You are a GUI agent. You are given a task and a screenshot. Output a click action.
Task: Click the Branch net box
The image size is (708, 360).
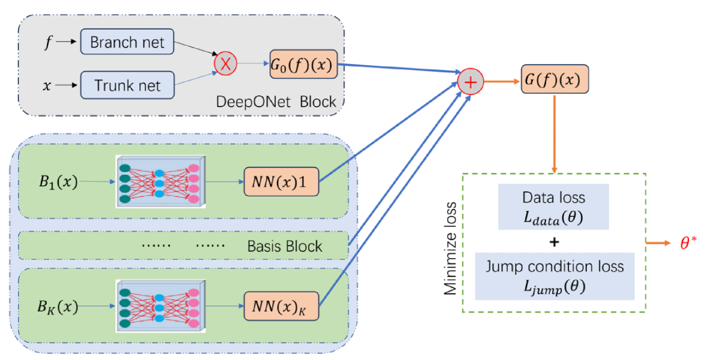click(127, 43)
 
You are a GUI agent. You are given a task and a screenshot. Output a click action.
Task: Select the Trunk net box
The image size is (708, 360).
click(127, 85)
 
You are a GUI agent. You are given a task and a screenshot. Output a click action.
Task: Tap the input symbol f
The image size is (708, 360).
click(49, 42)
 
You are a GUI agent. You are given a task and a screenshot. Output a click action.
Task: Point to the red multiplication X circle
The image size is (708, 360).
click(225, 63)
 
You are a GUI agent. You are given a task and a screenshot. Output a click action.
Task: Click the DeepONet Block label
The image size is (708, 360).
click(276, 102)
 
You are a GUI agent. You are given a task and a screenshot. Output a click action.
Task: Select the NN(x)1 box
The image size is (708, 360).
click(281, 181)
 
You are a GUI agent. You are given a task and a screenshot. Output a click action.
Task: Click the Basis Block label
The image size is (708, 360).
click(285, 247)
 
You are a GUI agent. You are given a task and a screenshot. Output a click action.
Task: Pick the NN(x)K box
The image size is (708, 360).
click(281, 306)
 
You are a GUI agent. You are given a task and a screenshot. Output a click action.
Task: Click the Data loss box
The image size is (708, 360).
click(554, 208)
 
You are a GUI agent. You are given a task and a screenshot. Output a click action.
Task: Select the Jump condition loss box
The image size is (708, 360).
click(554, 277)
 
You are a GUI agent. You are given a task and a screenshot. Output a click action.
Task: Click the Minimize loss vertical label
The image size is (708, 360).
click(450, 246)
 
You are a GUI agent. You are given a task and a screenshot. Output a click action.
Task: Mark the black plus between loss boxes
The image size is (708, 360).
click(554, 242)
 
